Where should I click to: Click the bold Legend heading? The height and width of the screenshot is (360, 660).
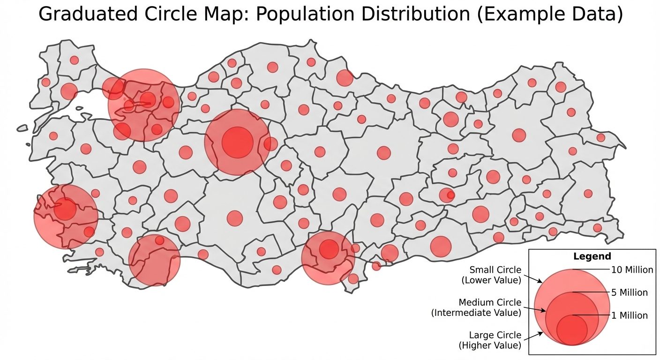[x=592, y=256]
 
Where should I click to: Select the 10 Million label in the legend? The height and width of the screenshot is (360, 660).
[x=632, y=270]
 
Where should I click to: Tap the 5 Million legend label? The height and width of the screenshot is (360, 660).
[x=629, y=292]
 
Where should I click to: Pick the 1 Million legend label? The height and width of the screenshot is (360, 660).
[x=629, y=315]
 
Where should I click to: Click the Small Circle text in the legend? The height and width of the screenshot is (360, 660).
[x=495, y=270]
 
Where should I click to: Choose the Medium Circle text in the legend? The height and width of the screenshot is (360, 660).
[x=490, y=302]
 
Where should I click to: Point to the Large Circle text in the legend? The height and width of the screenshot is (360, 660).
[x=495, y=335]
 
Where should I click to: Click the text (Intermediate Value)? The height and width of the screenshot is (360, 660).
[x=476, y=313]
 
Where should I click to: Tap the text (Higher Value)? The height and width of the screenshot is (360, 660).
[x=489, y=345]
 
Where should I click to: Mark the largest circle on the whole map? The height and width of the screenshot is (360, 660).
[x=144, y=105]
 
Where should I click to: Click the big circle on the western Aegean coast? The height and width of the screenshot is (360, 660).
[x=66, y=216]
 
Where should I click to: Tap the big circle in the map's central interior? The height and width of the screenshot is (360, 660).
[x=237, y=142]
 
